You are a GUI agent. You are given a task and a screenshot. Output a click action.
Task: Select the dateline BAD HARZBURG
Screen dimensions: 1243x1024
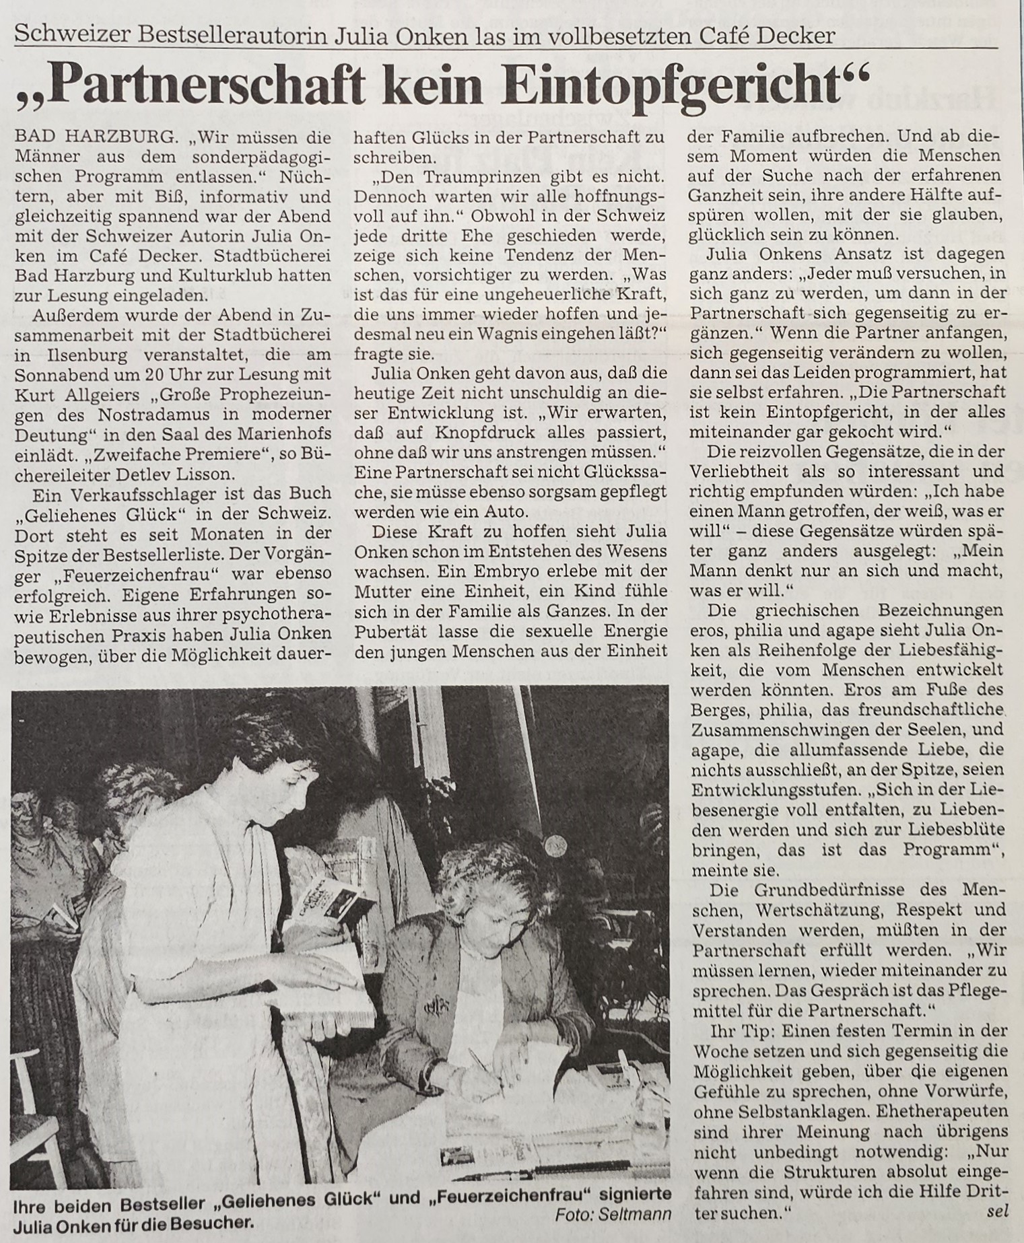pos(95,138)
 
